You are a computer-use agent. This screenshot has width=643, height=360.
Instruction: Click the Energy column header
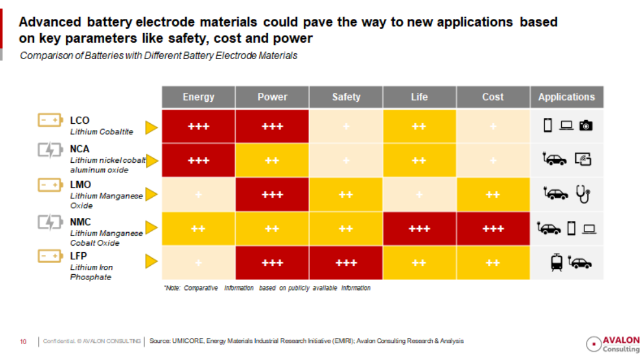pos(198,97)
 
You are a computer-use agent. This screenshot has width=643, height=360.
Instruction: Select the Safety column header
pos(346,97)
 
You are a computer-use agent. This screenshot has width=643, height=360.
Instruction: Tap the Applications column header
pos(567,97)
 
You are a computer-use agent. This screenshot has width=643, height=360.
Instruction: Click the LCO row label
pos(80,121)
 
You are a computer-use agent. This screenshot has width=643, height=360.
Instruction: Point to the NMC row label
pos(81,222)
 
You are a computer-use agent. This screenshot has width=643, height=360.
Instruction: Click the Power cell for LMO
pos(272,195)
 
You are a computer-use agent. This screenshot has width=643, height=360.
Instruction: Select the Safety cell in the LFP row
pos(346,263)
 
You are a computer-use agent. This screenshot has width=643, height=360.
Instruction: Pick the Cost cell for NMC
pos(493,229)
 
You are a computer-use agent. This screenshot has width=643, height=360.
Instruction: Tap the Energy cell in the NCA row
pos(198,160)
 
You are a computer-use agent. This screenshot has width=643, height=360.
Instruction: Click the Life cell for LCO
pos(419,127)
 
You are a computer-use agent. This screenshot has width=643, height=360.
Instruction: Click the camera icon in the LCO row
pos(586,126)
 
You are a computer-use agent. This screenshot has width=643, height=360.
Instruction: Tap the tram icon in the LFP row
pos(557,263)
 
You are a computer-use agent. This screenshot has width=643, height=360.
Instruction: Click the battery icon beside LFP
pos(50,256)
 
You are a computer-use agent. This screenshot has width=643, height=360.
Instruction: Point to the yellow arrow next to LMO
pos(152,194)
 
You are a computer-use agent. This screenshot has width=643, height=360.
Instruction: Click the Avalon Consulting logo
pos(613,343)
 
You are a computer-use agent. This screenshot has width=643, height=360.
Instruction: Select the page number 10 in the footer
pos(23,342)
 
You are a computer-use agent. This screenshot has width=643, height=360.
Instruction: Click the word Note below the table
pos(172,288)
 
